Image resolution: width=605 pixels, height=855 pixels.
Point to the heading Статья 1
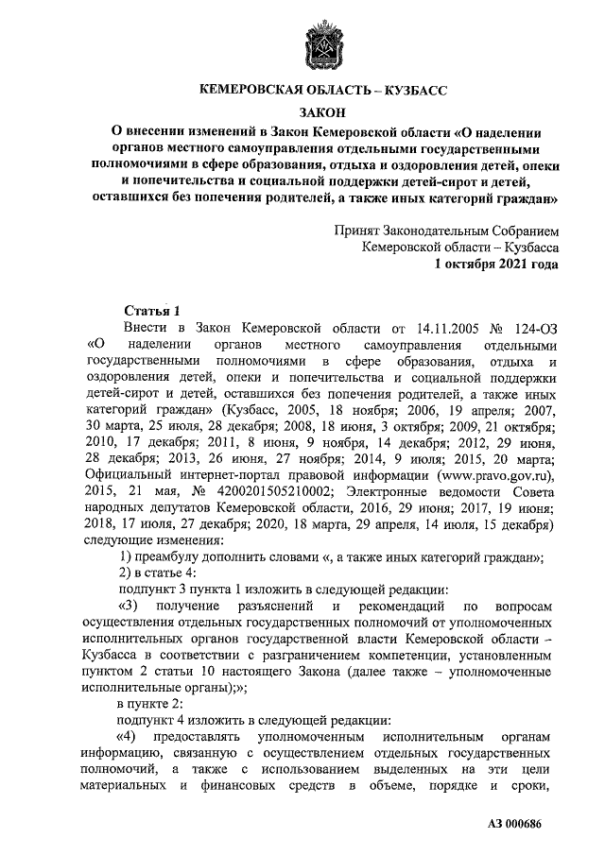pos(150,310)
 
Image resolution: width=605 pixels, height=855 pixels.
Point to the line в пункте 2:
pos(150,705)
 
